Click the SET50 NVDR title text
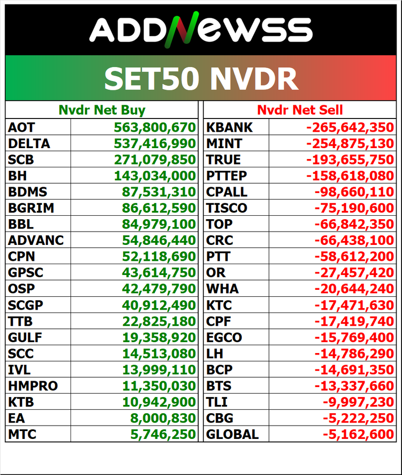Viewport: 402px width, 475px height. pyautogui.click(x=201, y=79)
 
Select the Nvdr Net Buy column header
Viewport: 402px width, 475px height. pyautogui.click(x=102, y=110)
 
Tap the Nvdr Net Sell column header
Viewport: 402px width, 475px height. pyautogui.click(x=300, y=110)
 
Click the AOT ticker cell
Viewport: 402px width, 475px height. pyautogui.click(x=22, y=127)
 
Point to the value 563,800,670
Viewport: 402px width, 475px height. pyautogui.click(x=155, y=127)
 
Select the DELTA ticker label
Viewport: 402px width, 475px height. pyautogui.click(x=29, y=144)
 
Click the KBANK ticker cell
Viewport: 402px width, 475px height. pyautogui.click(x=229, y=127)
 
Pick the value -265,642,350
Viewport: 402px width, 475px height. pyautogui.click(x=350, y=127)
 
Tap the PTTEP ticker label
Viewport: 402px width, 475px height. pyautogui.click(x=227, y=176)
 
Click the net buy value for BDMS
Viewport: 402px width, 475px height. pyautogui.click(x=160, y=192)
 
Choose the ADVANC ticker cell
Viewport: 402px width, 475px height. pyautogui.click(x=36, y=240)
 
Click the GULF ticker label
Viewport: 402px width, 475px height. pyautogui.click(x=25, y=338)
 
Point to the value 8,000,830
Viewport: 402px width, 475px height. pyautogui.click(x=164, y=418)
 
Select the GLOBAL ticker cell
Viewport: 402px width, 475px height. pyautogui.click(x=232, y=435)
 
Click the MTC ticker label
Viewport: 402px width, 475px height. pyautogui.click(x=22, y=435)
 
